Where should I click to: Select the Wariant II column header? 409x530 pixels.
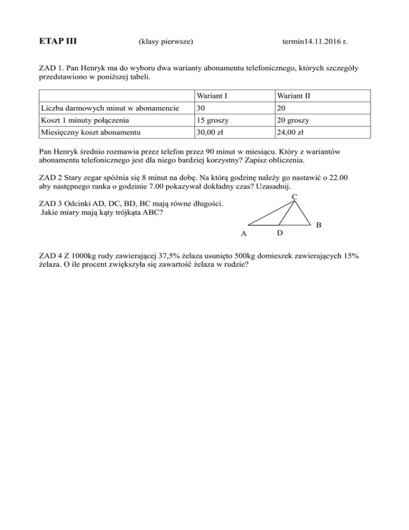pos(293,96)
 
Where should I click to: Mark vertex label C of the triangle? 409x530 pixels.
pos(295,197)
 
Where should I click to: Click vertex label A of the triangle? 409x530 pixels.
pos(243,234)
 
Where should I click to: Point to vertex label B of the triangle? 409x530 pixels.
pos(318,226)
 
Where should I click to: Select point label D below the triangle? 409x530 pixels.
pos(280,234)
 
